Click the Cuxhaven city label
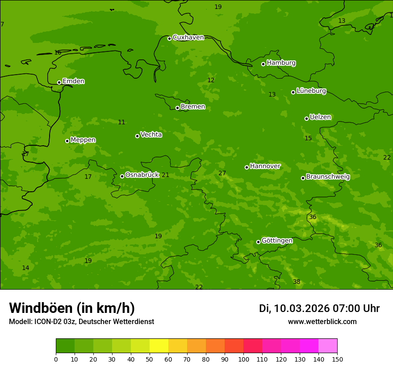coord(188,38)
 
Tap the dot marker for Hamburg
coord(263,64)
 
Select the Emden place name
coord(73,81)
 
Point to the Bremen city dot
coord(177,108)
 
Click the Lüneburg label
coord(311,91)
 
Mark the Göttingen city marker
coord(258,242)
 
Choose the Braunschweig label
coord(328,177)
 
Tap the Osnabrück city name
coord(142,175)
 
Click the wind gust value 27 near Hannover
coord(222,173)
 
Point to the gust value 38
coord(297,282)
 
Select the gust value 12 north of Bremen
coord(211,80)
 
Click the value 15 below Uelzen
coord(308,139)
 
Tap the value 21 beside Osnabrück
coord(165,175)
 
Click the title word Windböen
coord(41,308)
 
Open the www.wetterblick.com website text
coord(322,322)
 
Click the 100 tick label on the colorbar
coord(243,359)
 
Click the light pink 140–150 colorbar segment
coord(328,346)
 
